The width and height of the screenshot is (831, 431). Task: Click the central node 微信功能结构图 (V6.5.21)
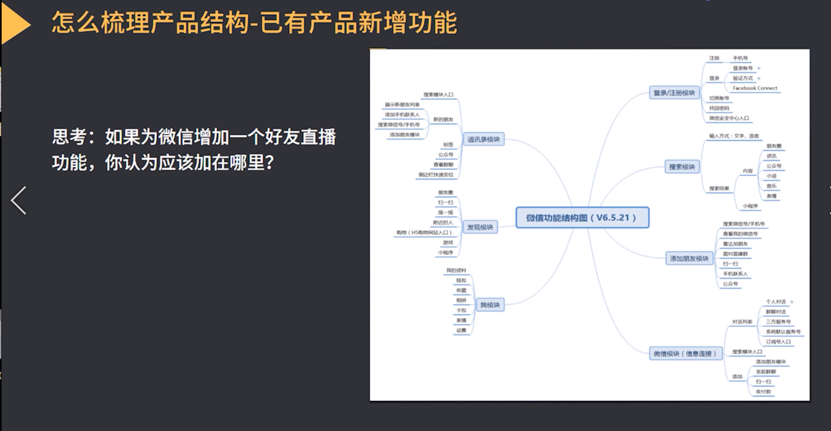pyautogui.click(x=582, y=218)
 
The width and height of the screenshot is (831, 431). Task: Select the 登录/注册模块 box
pyautogui.click(x=674, y=93)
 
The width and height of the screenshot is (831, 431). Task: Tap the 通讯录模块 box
pyautogui.click(x=483, y=140)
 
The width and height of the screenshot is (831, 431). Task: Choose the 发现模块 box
pyautogui.click(x=480, y=227)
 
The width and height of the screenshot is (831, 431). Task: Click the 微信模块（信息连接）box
pyautogui.click(x=685, y=354)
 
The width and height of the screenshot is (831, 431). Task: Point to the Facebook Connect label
pyautogui.click(x=754, y=88)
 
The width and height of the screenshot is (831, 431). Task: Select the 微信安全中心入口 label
pyautogui.click(x=729, y=118)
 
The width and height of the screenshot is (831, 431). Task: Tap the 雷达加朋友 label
pyautogui.click(x=735, y=244)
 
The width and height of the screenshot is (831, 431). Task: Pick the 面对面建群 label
pyautogui.click(x=735, y=254)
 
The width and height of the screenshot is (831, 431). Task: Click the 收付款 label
pyautogui.click(x=764, y=392)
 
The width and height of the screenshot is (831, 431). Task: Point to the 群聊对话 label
pyautogui.click(x=775, y=312)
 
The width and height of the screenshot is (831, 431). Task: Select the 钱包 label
pyautogui.click(x=461, y=280)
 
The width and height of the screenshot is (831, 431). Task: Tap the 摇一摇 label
pyautogui.click(x=445, y=212)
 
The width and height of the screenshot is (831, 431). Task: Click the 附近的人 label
pyautogui.click(x=443, y=222)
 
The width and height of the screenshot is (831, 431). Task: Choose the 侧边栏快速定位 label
pyautogui.click(x=435, y=175)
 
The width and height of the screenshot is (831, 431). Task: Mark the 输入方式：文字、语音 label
pyautogui.click(x=734, y=136)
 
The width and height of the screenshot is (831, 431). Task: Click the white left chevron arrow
pyautogui.click(x=18, y=200)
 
